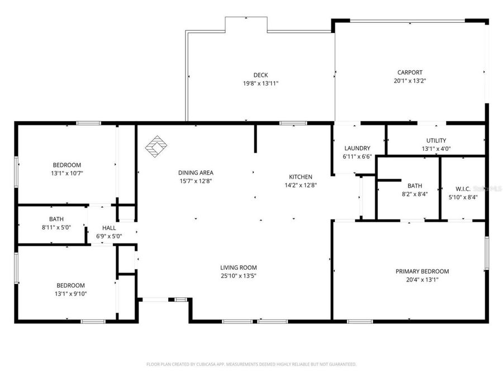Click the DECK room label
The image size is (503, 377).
coord(260,75)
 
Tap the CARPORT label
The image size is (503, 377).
coord(410,72)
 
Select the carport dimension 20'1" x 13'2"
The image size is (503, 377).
coord(410,80)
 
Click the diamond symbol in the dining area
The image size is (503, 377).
coord(157,146)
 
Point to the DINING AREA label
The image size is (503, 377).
coord(196,173)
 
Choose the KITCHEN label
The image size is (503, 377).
coord(300,176)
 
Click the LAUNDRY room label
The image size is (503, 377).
coord(358,148)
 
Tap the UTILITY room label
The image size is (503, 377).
coord(435,140)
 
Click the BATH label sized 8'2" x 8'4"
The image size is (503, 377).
coord(415,186)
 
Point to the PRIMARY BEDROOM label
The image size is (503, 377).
coord(422,271)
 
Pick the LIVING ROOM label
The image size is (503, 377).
coord(238,268)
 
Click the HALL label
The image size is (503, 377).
coord(108,228)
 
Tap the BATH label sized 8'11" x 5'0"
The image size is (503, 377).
coord(56,219)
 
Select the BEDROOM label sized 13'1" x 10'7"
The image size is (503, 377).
coord(67,165)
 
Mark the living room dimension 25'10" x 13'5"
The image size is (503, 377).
coord(238,275)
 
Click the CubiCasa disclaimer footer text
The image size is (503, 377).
coord(251,364)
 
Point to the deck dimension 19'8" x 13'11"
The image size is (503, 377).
coord(260,83)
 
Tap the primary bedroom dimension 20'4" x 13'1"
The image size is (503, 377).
coord(422,280)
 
